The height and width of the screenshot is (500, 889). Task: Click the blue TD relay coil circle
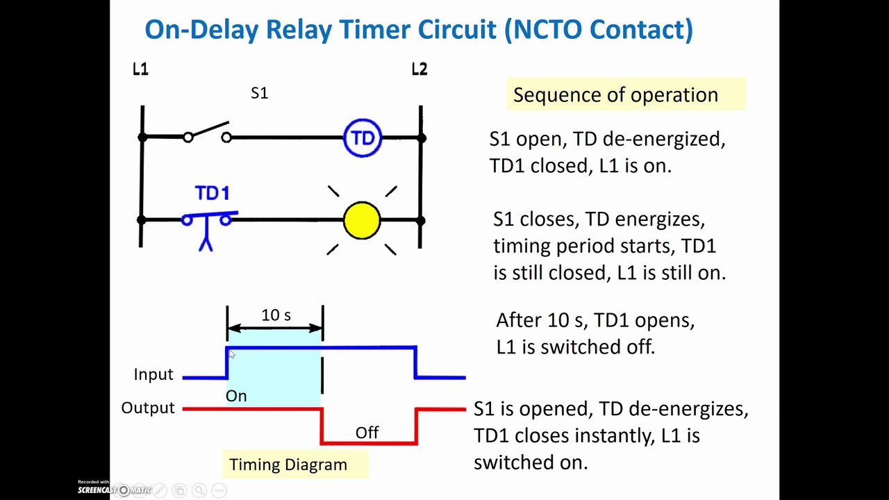pos(363,138)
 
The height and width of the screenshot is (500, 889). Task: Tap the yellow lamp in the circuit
pos(362,221)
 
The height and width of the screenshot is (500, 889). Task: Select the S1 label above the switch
pos(259,93)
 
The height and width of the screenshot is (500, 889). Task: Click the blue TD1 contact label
pos(212,193)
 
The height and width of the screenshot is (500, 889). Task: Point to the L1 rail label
pos(140,69)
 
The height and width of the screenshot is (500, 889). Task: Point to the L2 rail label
pos(419,69)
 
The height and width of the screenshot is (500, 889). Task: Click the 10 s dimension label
pos(276,315)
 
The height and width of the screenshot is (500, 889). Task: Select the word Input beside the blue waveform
pos(153,374)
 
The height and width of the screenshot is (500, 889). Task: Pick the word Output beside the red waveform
pos(148,408)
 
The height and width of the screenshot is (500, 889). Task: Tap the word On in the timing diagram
pos(236,396)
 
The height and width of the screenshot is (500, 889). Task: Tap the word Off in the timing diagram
pos(367,433)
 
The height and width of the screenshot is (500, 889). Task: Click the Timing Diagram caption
pos(288,465)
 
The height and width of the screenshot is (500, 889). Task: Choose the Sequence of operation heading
pos(615,95)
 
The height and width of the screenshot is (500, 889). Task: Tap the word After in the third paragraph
pos(519,320)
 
